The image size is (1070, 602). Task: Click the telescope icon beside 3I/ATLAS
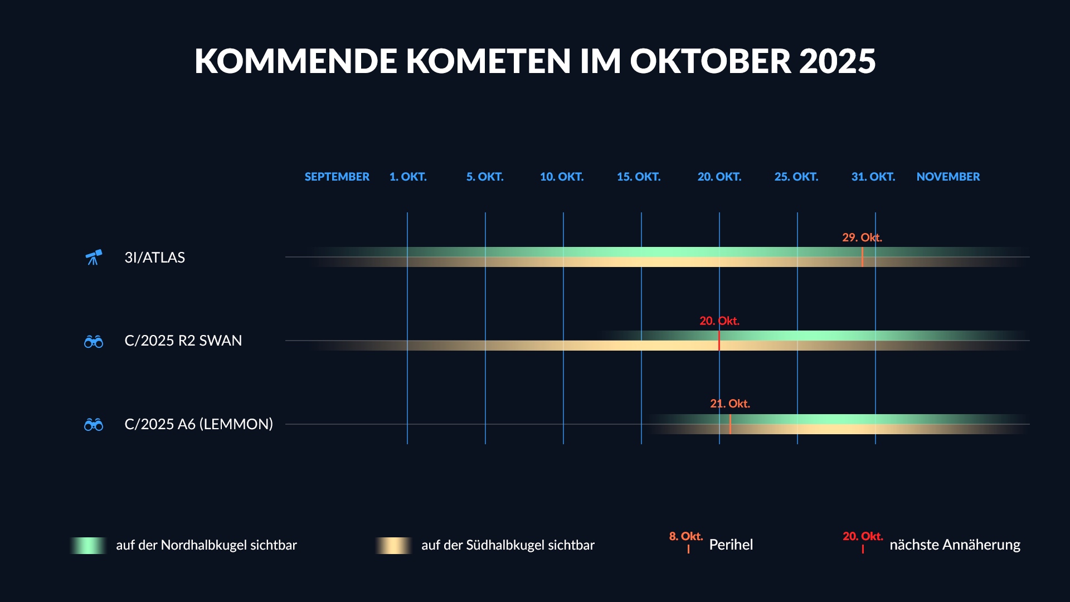click(94, 257)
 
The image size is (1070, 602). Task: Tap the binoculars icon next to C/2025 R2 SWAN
click(94, 341)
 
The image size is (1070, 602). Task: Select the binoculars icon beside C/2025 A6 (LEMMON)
click(94, 425)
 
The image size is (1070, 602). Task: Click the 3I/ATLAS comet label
click(154, 258)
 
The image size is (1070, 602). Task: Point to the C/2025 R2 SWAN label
click(183, 341)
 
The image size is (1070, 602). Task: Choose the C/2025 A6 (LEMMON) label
click(198, 424)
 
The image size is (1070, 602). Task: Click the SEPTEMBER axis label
click(337, 177)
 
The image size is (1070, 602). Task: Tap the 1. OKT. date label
click(407, 177)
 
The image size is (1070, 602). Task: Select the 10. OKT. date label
click(561, 177)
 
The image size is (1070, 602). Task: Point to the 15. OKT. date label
click(638, 177)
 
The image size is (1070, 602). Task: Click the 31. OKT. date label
click(873, 177)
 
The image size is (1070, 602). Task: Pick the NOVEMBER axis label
click(947, 177)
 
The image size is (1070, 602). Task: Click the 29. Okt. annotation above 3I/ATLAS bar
click(862, 237)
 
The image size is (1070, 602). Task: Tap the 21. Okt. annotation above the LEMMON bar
click(729, 404)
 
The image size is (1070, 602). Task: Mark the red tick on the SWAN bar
click(719, 341)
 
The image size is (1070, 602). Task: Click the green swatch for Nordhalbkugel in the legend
click(89, 545)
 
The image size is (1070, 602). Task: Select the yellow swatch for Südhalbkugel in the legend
click(393, 545)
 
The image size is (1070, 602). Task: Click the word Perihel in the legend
click(731, 545)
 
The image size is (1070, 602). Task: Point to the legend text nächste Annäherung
click(955, 545)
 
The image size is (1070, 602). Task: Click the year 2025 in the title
click(837, 61)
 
